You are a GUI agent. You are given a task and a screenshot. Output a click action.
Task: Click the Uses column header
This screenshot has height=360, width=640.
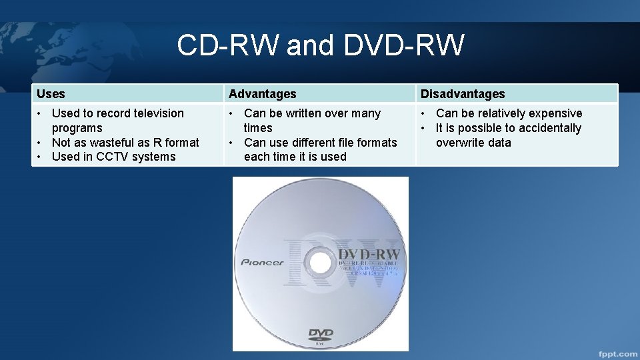click(51, 94)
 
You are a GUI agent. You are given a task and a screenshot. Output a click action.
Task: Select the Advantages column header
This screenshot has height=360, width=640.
click(262, 94)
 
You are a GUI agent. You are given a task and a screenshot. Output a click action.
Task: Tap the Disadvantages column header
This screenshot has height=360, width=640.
click(463, 94)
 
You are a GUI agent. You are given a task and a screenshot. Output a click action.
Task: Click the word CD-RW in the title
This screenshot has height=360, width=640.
click(227, 45)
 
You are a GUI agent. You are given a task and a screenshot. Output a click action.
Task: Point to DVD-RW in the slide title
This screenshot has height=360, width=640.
click(403, 45)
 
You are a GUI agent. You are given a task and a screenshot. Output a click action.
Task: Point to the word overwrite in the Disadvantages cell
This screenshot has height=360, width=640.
click(461, 143)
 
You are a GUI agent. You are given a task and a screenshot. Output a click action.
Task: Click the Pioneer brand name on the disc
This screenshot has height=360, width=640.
click(262, 262)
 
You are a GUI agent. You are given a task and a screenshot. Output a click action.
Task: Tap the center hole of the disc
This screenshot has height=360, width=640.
click(321, 263)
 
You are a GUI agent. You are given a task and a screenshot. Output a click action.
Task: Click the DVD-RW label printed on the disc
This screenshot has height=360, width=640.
click(369, 254)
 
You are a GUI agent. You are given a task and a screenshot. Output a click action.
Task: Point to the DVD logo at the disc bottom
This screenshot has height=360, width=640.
click(320, 335)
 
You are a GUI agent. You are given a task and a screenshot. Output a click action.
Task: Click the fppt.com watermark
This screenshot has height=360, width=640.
click(617, 353)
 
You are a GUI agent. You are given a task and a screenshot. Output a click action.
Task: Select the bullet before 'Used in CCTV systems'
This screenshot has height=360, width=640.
click(40, 157)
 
